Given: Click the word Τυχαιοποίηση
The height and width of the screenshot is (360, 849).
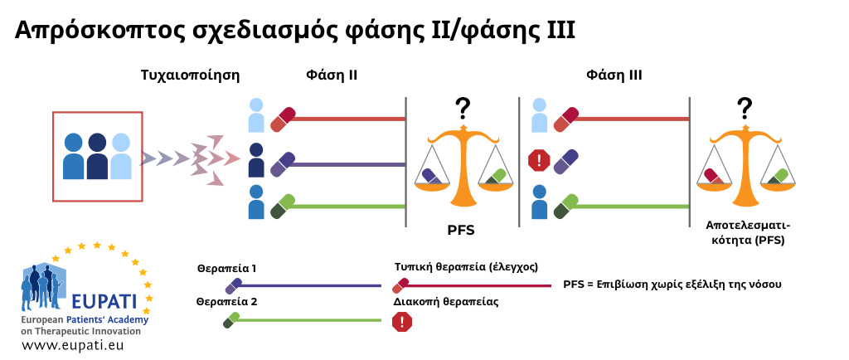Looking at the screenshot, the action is pyautogui.click(x=190, y=75).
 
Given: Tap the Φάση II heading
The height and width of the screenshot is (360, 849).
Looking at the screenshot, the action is pyautogui.click(x=332, y=75).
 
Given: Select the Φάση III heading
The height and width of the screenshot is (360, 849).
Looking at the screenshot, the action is pyautogui.click(x=614, y=75).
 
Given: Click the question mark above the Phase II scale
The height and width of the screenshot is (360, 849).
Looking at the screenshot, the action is pyautogui.click(x=462, y=109).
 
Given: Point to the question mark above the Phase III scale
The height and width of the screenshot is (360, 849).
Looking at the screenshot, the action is pyautogui.click(x=745, y=109).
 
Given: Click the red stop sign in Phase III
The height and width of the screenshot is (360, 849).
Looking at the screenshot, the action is pyautogui.click(x=539, y=161).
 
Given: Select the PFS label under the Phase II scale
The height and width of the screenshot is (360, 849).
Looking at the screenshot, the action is pyautogui.click(x=461, y=231).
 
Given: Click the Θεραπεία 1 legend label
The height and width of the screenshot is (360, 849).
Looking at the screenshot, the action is pyautogui.click(x=226, y=268).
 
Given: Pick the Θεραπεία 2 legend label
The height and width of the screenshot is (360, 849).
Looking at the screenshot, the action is pyautogui.click(x=226, y=303).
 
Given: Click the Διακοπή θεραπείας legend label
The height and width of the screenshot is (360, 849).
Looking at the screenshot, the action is pyautogui.click(x=446, y=303).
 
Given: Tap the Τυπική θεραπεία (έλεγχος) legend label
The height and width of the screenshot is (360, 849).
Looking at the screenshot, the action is pyautogui.click(x=466, y=267).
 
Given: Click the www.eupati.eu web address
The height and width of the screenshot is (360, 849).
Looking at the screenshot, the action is pyautogui.click(x=73, y=344).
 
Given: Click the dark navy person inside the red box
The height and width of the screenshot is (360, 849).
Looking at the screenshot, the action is pyautogui.click(x=98, y=156).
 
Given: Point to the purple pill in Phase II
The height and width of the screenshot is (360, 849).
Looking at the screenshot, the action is pyautogui.click(x=283, y=164).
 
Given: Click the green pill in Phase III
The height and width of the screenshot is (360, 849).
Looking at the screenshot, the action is pyautogui.click(x=565, y=207).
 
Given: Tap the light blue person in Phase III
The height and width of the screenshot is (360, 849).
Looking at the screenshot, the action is pyautogui.click(x=539, y=115).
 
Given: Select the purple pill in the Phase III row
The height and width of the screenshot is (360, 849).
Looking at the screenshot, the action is pyautogui.click(x=565, y=162).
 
